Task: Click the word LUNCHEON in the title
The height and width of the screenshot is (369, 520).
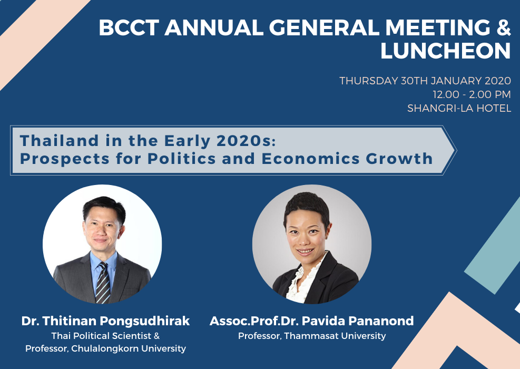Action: pos(445,51)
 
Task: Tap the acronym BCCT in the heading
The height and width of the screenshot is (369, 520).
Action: pos(129,27)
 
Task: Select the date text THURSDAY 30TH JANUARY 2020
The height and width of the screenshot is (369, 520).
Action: pos(425,81)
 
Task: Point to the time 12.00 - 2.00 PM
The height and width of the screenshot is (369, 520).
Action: pos(472,94)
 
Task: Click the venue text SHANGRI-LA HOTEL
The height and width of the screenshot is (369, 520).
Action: pos(459,108)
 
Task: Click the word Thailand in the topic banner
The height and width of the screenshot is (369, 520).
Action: pos(60,140)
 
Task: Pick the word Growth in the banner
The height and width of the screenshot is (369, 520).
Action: pos(399,159)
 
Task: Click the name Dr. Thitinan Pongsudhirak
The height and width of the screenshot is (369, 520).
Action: pos(105,321)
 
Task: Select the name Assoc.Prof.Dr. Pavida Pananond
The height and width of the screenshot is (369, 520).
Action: pos(312,321)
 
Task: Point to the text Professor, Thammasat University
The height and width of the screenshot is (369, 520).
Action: pos(312,336)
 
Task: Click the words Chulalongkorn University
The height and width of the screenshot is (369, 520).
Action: pos(129,348)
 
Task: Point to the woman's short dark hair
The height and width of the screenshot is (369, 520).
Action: pos(307,207)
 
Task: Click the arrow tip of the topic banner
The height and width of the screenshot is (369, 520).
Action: pos(456,151)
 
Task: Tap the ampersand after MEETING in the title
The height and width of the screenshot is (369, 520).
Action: pos(504,27)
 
